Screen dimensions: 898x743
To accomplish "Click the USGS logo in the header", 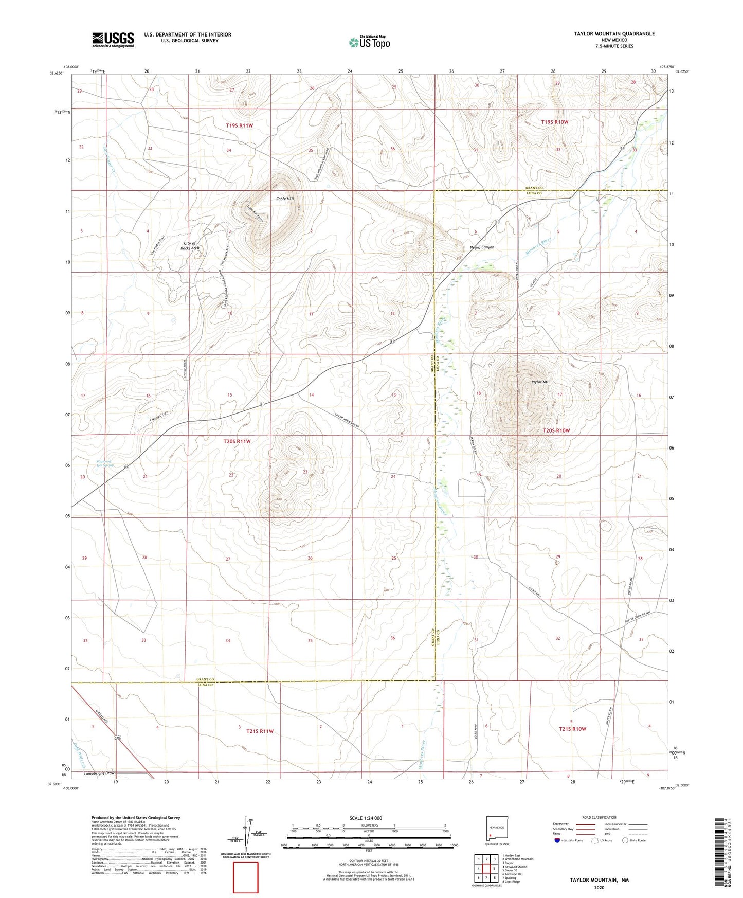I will pos(113,39).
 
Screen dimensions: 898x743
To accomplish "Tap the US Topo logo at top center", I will pos(370,42).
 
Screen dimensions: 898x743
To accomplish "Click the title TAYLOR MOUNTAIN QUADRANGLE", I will pos(614,34).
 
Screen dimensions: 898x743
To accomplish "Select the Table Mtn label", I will pos(285,199).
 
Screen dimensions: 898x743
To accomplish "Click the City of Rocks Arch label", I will pos(190,245).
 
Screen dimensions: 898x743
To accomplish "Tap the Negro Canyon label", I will pos(482,247).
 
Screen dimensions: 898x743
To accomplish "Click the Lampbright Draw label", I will pos(99,773).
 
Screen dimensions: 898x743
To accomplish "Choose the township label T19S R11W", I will pos(239,125).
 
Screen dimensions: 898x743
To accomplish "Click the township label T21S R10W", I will pos(572,729).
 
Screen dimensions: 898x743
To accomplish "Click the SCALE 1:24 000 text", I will pos(365,818).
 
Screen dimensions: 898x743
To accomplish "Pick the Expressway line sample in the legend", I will pos(586,824).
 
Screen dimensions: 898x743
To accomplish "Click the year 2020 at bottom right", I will pos(599,887).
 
